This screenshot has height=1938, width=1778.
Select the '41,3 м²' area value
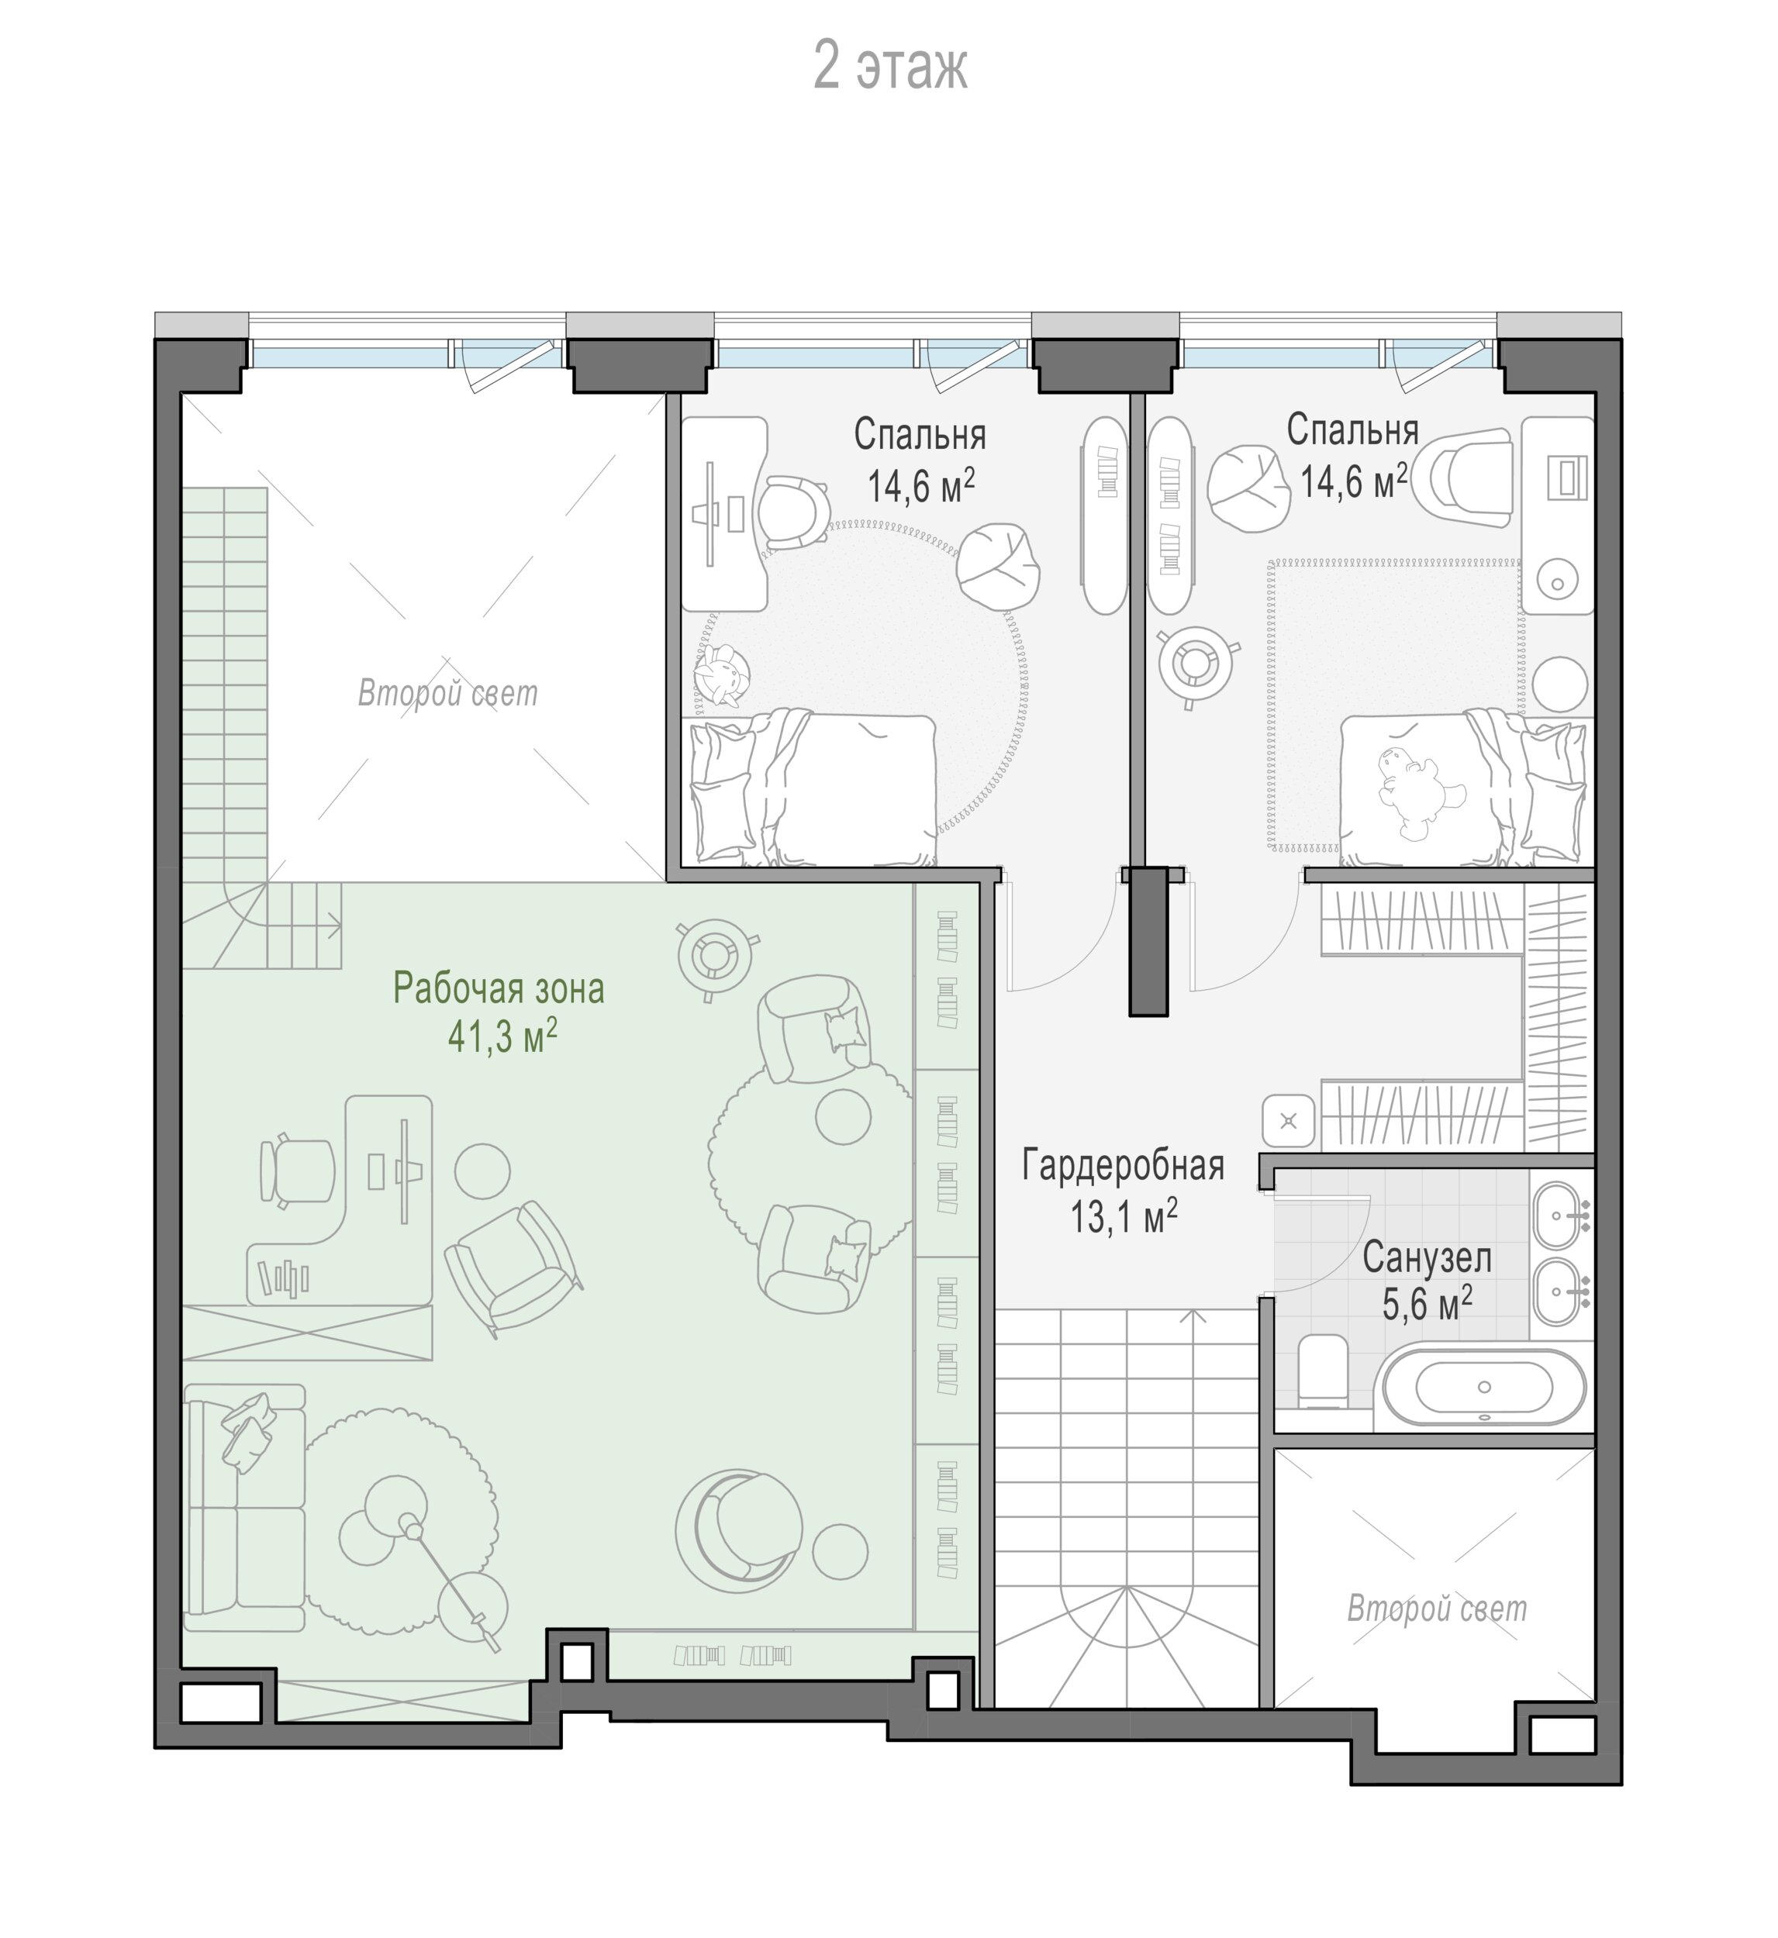tap(502, 1036)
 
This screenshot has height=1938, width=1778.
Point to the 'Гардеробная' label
tap(1123, 1166)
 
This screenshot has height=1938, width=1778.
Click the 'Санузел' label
tap(1427, 1258)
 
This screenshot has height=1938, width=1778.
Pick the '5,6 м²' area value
tap(1427, 1304)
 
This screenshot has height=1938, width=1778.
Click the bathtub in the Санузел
tap(1483, 1387)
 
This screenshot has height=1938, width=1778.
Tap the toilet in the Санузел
tap(1323, 1371)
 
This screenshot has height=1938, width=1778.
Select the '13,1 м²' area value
tap(1124, 1216)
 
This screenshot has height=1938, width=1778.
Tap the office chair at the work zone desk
tap(297, 1171)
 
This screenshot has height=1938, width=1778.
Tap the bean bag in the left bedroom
tap(998, 566)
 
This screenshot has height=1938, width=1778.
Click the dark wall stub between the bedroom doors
tap(1149, 940)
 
